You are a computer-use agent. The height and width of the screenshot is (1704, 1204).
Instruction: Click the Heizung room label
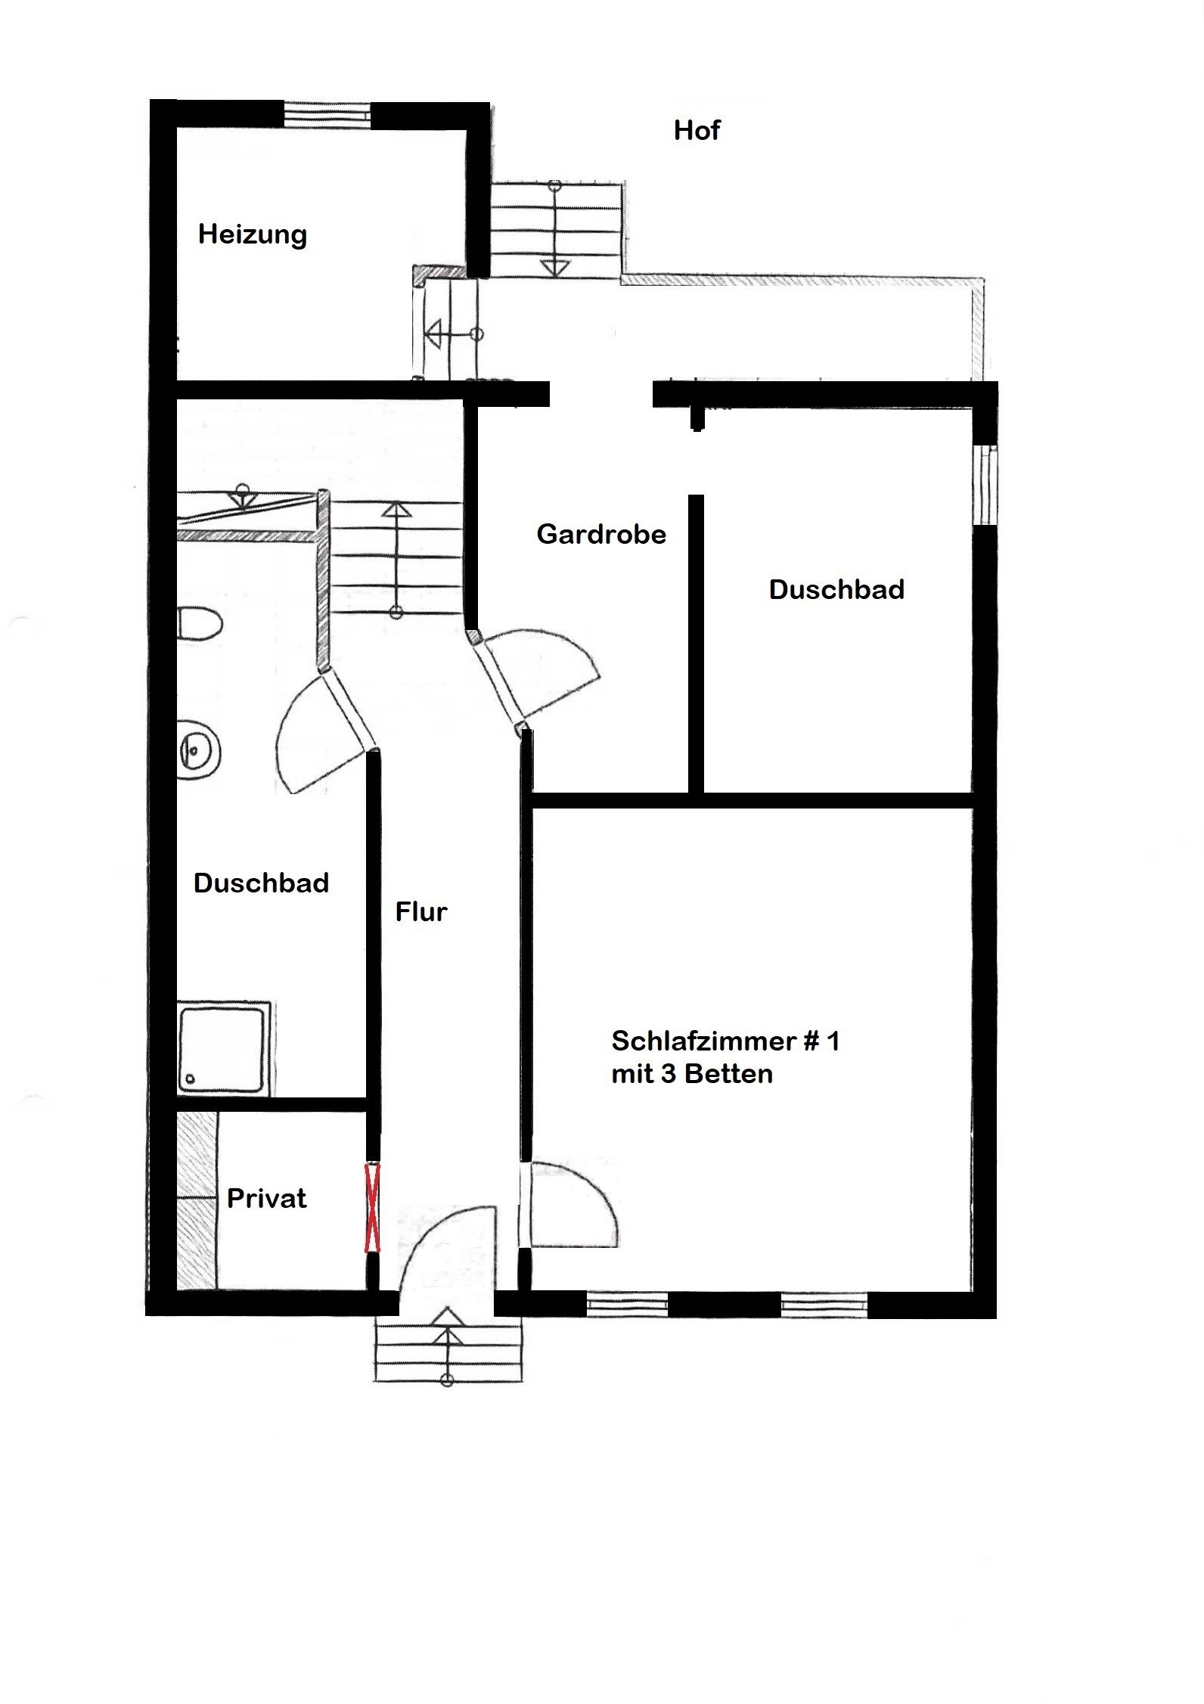coord(253,234)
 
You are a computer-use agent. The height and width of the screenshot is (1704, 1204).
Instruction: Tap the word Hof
coord(697,131)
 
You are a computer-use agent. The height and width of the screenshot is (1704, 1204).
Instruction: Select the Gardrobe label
coord(601,535)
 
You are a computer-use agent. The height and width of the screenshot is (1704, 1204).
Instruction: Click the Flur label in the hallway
coord(421,911)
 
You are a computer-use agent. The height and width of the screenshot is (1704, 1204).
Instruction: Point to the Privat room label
coord(267,1198)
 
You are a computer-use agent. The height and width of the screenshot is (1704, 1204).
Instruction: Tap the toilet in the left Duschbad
coord(200,624)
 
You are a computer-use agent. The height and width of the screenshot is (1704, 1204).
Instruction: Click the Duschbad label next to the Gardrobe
coord(836,590)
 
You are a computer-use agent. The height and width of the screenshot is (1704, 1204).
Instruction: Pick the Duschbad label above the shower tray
coord(261,883)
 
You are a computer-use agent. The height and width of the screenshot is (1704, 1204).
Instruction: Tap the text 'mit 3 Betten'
coord(692,1074)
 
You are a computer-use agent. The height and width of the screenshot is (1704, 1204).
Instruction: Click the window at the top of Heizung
coord(327,115)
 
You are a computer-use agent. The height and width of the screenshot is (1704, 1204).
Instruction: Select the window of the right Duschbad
coord(985,484)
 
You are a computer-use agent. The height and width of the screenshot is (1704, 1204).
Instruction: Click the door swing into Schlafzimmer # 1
coord(575,1203)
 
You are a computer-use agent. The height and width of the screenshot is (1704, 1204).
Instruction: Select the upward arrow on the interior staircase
coord(396,511)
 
